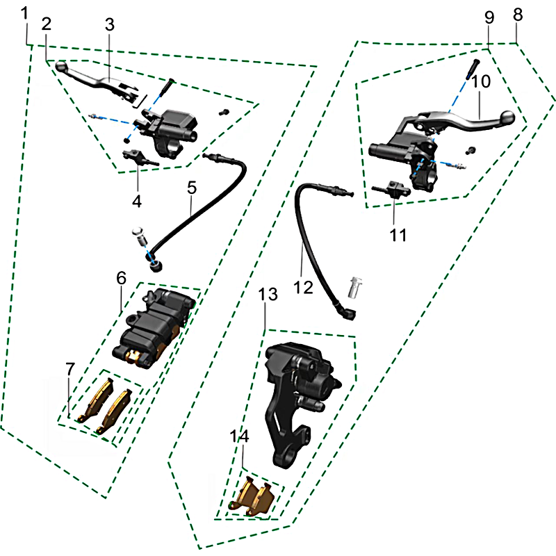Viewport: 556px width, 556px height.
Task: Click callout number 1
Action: click(x=24, y=13)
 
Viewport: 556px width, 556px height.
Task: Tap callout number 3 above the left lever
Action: click(x=110, y=25)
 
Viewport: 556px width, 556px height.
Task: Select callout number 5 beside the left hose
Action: click(x=192, y=188)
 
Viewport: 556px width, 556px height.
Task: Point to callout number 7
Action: click(x=70, y=369)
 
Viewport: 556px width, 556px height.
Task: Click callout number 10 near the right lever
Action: click(x=481, y=81)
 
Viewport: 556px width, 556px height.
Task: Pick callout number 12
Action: click(x=304, y=287)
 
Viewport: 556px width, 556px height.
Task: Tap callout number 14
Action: click(x=239, y=436)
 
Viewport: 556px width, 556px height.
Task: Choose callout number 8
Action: click(x=518, y=15)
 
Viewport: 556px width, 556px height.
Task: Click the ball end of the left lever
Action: click(x=61, y=66)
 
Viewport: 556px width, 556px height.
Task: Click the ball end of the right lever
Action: click(x=507, y=117)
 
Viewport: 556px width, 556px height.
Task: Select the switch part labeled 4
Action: click(x=140, y=158)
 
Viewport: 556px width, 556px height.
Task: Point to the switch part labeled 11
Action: click(x=391, y=188)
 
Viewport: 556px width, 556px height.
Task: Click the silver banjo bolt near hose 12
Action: click(x=355, y=287)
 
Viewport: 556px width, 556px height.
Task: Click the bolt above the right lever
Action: click(x=473, y=68)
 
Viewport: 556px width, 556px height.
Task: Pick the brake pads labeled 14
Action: click(x=252, y=498)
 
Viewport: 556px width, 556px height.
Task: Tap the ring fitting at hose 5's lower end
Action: click(x=155, y=266)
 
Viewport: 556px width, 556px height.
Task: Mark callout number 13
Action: click(x=268, y=294)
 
